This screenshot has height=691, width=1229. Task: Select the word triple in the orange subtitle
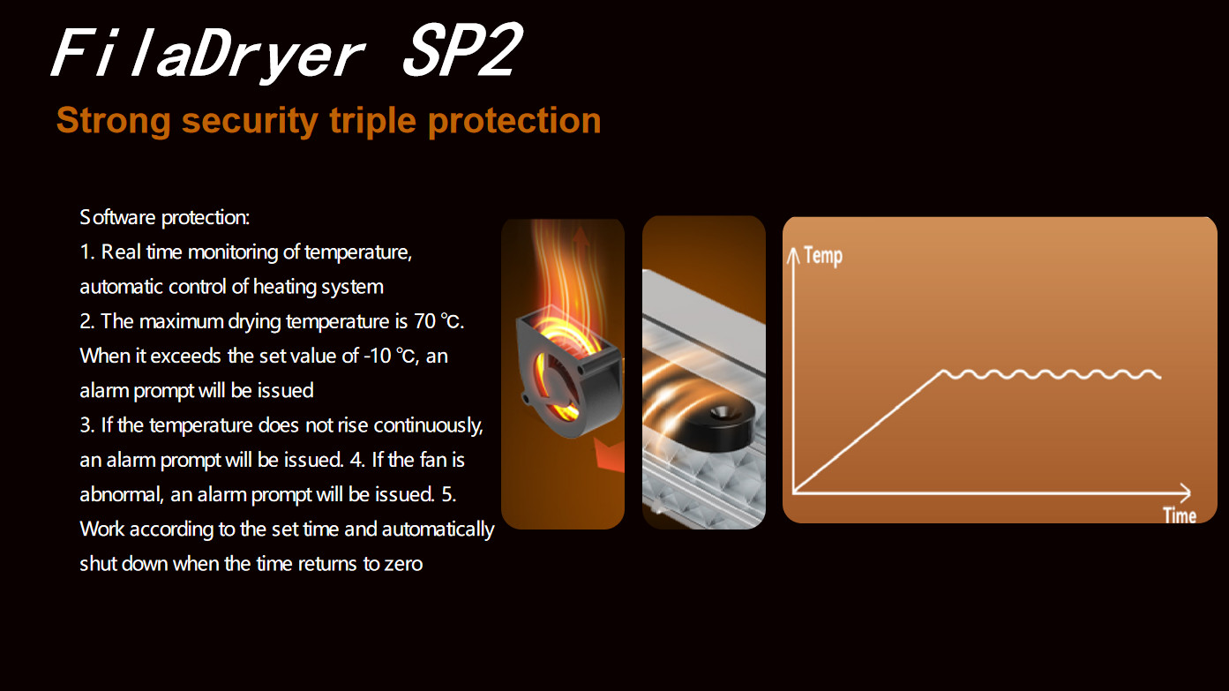[x=372, y=121]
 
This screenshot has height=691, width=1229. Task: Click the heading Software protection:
[x=165, y=217]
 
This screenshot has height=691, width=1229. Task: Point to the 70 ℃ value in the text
[x=438, y=321]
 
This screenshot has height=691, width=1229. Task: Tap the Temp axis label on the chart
[x=822, y=257]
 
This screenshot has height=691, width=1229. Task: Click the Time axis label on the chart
[x=1179, y=514]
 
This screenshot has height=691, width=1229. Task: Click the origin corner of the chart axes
[x=794, y=492]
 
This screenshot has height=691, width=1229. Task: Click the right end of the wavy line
[x=1159, y=376]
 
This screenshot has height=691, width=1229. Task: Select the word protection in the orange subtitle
[x=513, y=121]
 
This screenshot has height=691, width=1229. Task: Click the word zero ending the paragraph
[x=403, y=564]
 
